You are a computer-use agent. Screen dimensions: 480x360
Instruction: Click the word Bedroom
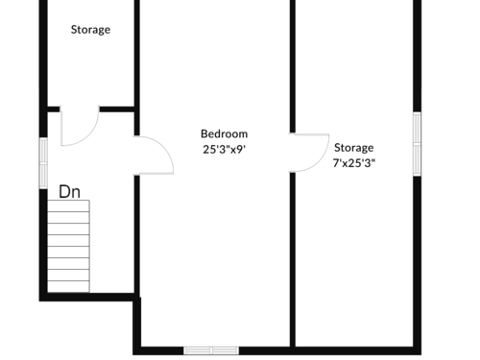point(224,133)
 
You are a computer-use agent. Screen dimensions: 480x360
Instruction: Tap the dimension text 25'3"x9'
point(224,149)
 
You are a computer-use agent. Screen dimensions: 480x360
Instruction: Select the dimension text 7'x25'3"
point(354,163)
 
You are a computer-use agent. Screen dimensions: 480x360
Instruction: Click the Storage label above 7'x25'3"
point(354,148)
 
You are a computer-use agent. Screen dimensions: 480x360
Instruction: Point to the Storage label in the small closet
point(90,30)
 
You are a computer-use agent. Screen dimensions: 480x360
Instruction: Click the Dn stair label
point(69,192)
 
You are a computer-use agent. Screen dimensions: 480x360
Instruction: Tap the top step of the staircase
point(68,206)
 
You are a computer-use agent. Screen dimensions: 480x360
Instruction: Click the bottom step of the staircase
point(68,287)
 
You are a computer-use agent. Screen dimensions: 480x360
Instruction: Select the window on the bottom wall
point(211,350)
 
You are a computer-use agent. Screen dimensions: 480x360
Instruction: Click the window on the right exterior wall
point(417,144)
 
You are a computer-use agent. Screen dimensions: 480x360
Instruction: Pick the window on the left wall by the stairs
point(43,163)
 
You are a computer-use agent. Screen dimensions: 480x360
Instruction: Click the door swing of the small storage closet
point(80,126)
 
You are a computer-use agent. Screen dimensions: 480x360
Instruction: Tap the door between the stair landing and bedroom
point(154,156)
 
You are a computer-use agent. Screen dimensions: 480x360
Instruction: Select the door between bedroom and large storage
point(309,153)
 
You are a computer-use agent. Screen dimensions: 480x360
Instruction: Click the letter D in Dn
point(64,192)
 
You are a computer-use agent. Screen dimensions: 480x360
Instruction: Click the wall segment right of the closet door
point(117,109)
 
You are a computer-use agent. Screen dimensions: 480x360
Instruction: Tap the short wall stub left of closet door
point(54,109)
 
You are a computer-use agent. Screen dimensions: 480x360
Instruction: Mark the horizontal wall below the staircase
point(86,297)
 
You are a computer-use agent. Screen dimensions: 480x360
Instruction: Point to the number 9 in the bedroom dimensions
point(240,150)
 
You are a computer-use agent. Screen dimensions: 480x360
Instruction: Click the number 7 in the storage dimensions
point(336,163)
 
